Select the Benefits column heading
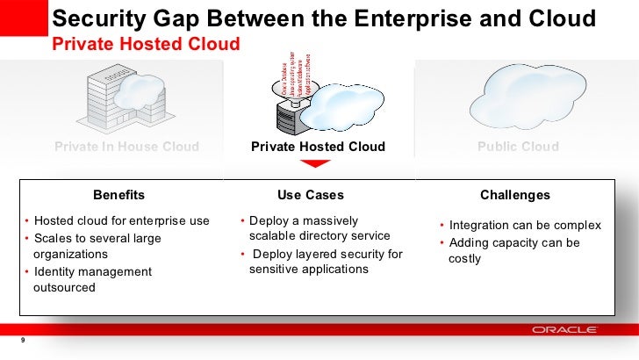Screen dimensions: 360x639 [119, 195]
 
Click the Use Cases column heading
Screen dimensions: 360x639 [311, 195]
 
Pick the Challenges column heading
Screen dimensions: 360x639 [515, 195]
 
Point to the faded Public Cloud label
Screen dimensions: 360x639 [518, 147]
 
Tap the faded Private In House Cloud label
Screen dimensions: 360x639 [126, 147]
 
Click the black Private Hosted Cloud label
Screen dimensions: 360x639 [318, 147]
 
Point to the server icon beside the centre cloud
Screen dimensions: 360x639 [291, 114]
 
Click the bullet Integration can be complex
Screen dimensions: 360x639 [525, 226]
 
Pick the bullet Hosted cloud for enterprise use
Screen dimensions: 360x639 [121, 220]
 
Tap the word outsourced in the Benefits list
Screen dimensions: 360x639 [64, 287]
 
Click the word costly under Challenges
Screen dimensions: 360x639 [464, 259]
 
